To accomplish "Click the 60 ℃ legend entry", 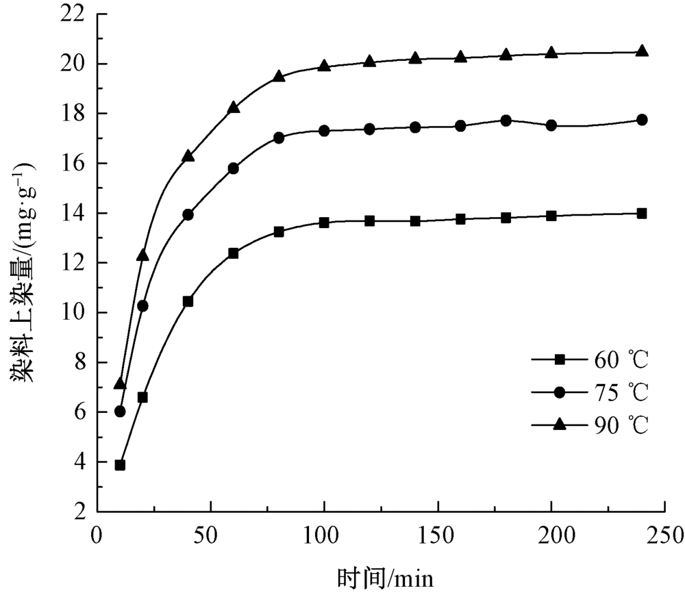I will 589,359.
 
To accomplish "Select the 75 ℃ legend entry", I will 589,392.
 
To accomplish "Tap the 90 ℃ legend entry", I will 589,425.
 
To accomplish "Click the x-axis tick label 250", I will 664,534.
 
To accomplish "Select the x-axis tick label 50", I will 211,534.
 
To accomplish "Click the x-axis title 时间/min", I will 386,579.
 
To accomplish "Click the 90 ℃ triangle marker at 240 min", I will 642,51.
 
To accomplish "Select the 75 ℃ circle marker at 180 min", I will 506,121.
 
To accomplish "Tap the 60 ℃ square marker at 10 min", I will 120,465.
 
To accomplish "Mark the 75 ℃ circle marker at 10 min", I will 120,412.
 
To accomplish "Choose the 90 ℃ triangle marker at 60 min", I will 234,107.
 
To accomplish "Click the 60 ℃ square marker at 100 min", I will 324,223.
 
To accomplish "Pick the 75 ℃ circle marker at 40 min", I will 188,214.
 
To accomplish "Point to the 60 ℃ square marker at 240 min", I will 642,213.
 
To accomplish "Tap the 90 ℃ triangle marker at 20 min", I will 142,255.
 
